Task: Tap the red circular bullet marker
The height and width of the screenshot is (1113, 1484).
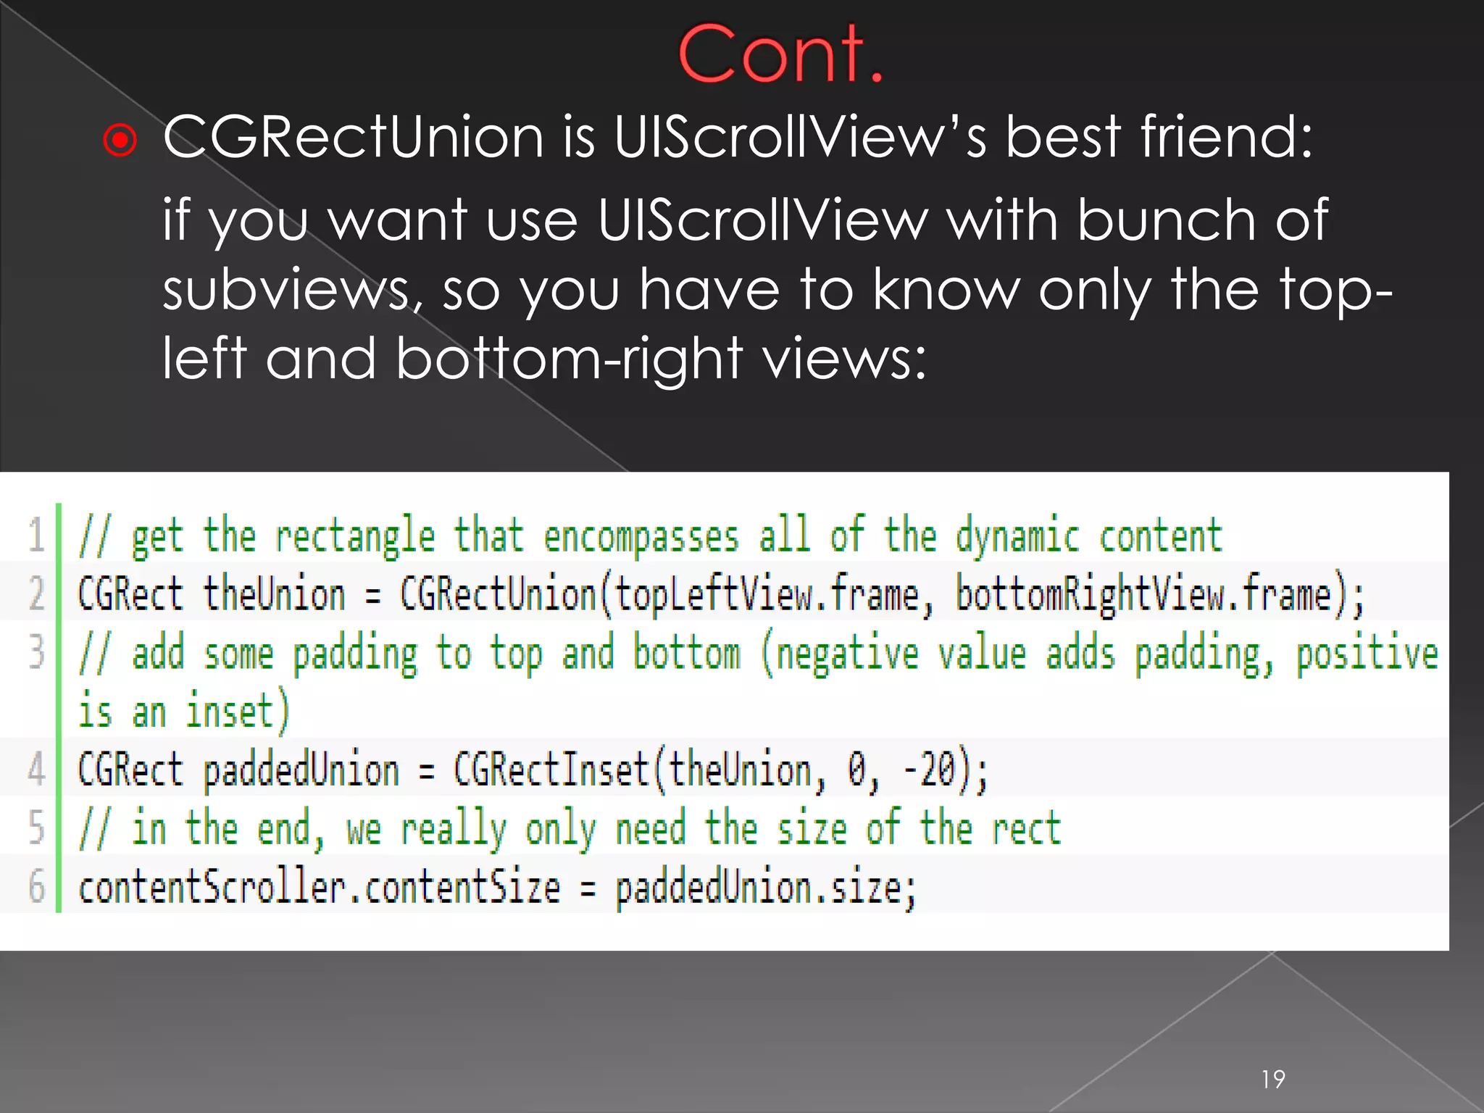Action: (x=120, y=140)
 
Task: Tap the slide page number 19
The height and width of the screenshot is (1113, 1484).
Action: (x=1273, y=1080)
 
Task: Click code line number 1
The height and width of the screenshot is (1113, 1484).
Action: (x=36, y=535)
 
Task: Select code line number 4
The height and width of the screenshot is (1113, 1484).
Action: (x=36, y=769)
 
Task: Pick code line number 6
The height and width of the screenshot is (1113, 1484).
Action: (x=36, y=886)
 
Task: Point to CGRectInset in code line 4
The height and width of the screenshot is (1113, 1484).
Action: (x=551, y=770)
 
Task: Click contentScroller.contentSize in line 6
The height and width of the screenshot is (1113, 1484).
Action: (x=319, y=888)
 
